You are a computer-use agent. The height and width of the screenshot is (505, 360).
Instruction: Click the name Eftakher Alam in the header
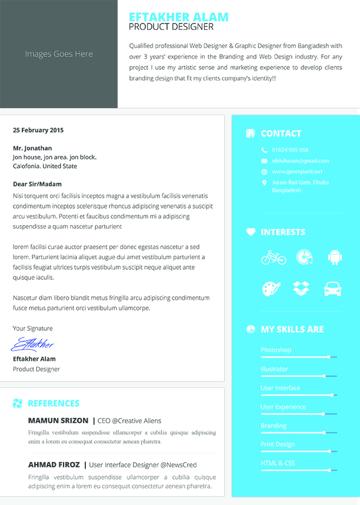(x=178, y=16)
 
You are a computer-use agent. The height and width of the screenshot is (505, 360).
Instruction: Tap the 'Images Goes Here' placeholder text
(x=59, y=53)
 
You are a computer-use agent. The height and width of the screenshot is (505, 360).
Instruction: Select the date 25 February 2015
(x=38, y=130)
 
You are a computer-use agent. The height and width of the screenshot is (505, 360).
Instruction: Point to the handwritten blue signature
(x=32, y=343)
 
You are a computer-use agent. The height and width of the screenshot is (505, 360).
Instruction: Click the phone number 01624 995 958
(x=290, y=150)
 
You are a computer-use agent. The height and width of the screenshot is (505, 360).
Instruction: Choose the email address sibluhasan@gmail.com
(x=301, y=160)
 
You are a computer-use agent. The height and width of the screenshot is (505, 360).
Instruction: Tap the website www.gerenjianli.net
(x=297, y=172)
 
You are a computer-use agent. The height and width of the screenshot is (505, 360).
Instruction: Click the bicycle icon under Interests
(x=274, y=257)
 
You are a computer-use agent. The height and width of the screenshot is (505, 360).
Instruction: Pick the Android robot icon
(x=335, y=257)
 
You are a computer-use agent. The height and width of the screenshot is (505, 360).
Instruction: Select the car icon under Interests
(x=332, y=289)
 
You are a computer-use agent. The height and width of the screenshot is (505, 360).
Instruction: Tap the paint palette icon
(x=271, y=289)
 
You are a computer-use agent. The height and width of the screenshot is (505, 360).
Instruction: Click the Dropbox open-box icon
(x=302, y=289)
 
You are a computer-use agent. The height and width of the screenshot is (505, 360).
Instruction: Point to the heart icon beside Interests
(x=251, y=232)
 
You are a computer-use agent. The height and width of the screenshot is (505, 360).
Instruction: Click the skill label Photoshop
(x=276, y=350)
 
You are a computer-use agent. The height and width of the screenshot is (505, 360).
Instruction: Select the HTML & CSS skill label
(x=278, y=463)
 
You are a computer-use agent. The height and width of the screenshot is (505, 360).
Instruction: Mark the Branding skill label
(x=274, y=425)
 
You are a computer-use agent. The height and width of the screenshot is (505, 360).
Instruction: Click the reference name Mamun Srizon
(x=57, y=420)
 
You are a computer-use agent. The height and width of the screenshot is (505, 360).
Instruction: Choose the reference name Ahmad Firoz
(x=54, y=464)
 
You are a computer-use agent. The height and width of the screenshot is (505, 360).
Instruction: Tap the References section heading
(x=54, y=403)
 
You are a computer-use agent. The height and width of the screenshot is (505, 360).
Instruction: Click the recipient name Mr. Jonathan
(x=32, y=148)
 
